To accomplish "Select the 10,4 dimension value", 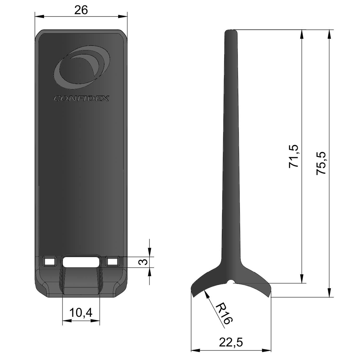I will [81, 314].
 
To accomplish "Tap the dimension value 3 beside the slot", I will [144, 262].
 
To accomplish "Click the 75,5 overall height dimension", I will [321, 163].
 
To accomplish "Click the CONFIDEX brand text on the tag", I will [81, 98].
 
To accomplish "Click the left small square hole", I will [49, 261].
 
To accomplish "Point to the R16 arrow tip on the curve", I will [205, 291].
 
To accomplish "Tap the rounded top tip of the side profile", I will [231, 31].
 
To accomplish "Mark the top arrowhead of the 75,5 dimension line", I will [329, 32].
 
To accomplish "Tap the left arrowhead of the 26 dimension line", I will [37, 16].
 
